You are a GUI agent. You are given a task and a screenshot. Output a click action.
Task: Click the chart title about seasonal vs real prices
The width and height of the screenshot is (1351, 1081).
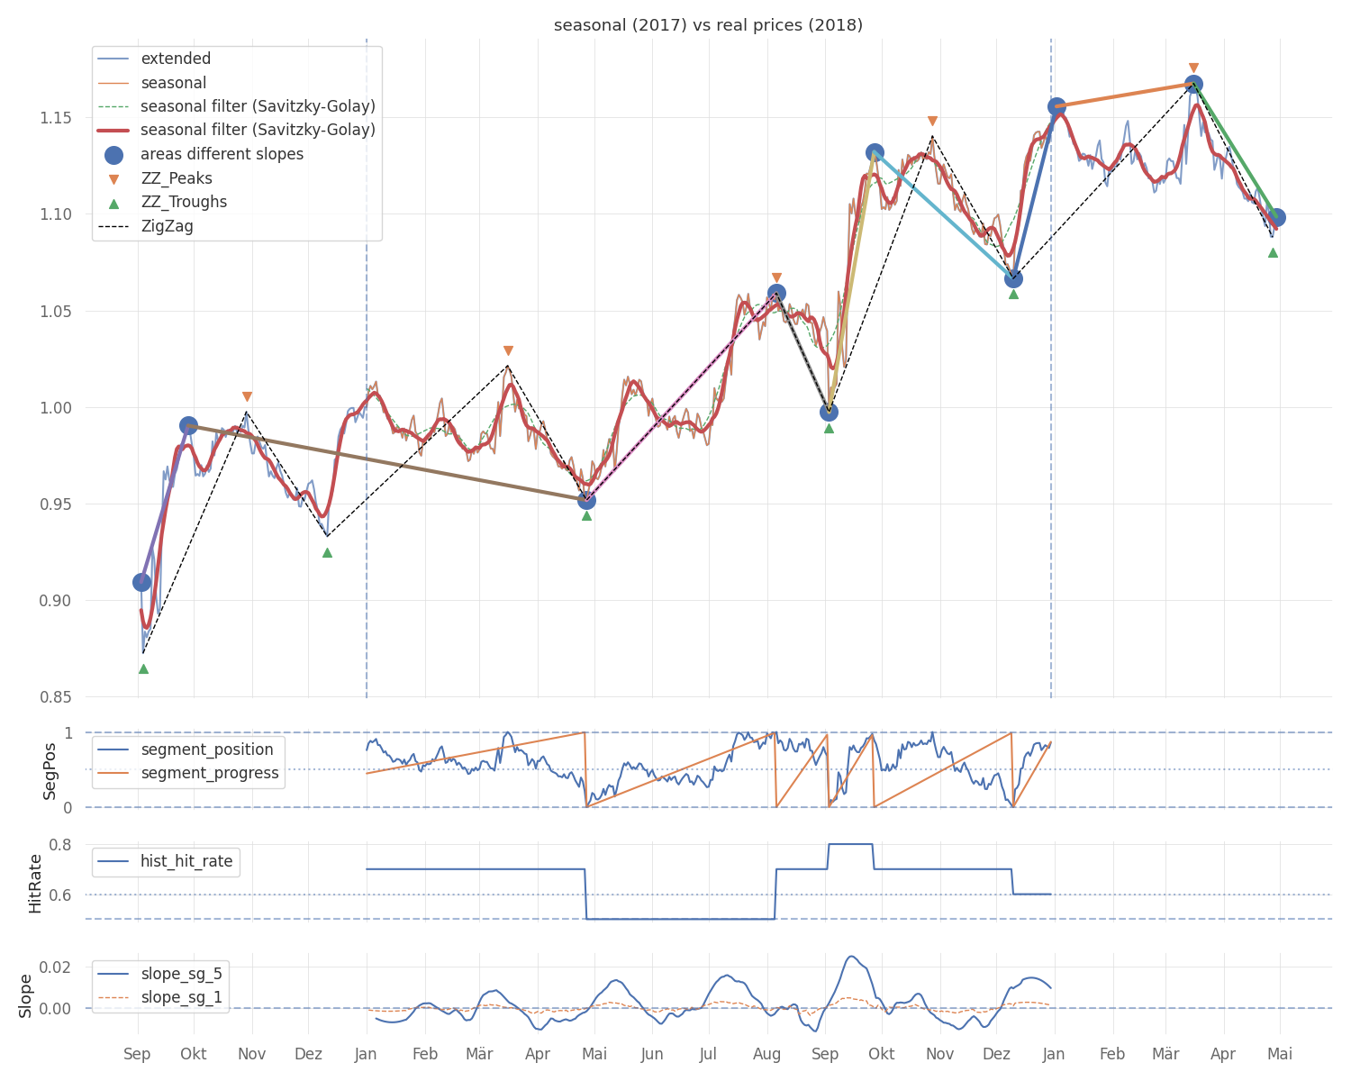click(708, 25)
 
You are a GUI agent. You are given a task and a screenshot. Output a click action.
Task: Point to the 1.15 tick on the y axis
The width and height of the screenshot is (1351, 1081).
click(55, 118)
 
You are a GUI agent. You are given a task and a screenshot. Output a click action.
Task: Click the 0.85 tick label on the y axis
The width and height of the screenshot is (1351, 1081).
click(55, 696)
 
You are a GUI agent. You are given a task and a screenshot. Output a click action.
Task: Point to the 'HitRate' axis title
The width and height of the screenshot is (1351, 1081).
click(35, 884)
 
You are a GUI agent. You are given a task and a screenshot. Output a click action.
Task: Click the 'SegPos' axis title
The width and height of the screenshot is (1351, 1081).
click(49, 771)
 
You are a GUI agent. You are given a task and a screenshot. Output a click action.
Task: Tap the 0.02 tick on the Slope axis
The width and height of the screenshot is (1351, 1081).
click(55, 967)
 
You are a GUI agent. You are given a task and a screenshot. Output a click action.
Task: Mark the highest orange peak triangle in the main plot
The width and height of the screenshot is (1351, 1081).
click(1193, 68)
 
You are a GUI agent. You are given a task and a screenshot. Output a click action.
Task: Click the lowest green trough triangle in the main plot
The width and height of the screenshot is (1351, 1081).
click(144, 669)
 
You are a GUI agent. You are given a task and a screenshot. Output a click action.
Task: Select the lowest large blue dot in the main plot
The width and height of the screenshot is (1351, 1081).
click(142, 582)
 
